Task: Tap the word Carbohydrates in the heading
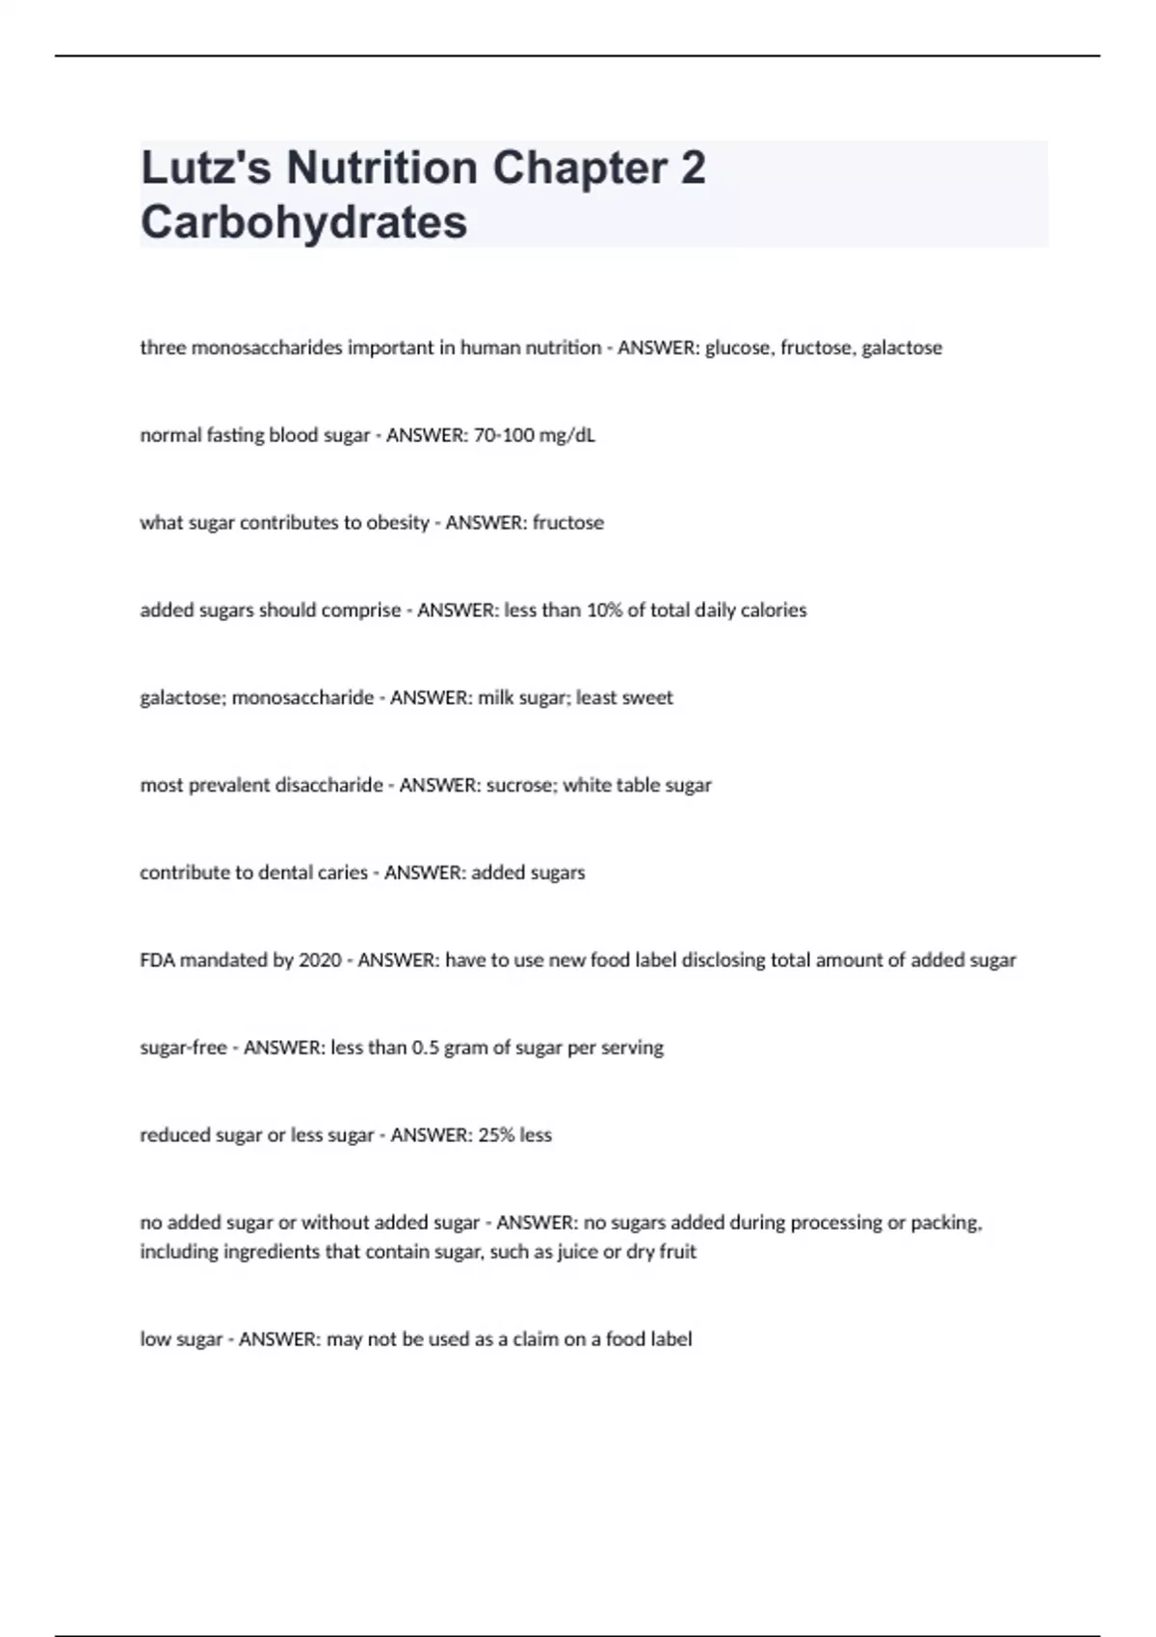click(x=303, y=221)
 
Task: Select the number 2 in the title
click(x=693, y=168)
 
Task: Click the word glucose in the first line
click(x=738, y=348)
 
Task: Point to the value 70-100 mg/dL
click(x=535, y=435)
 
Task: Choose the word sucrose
click(x=520, y=786)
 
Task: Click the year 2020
click(x=320, y=961)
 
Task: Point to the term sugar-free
click(x=183, y=1048)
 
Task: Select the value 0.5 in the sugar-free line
click(x=425, y=1048)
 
